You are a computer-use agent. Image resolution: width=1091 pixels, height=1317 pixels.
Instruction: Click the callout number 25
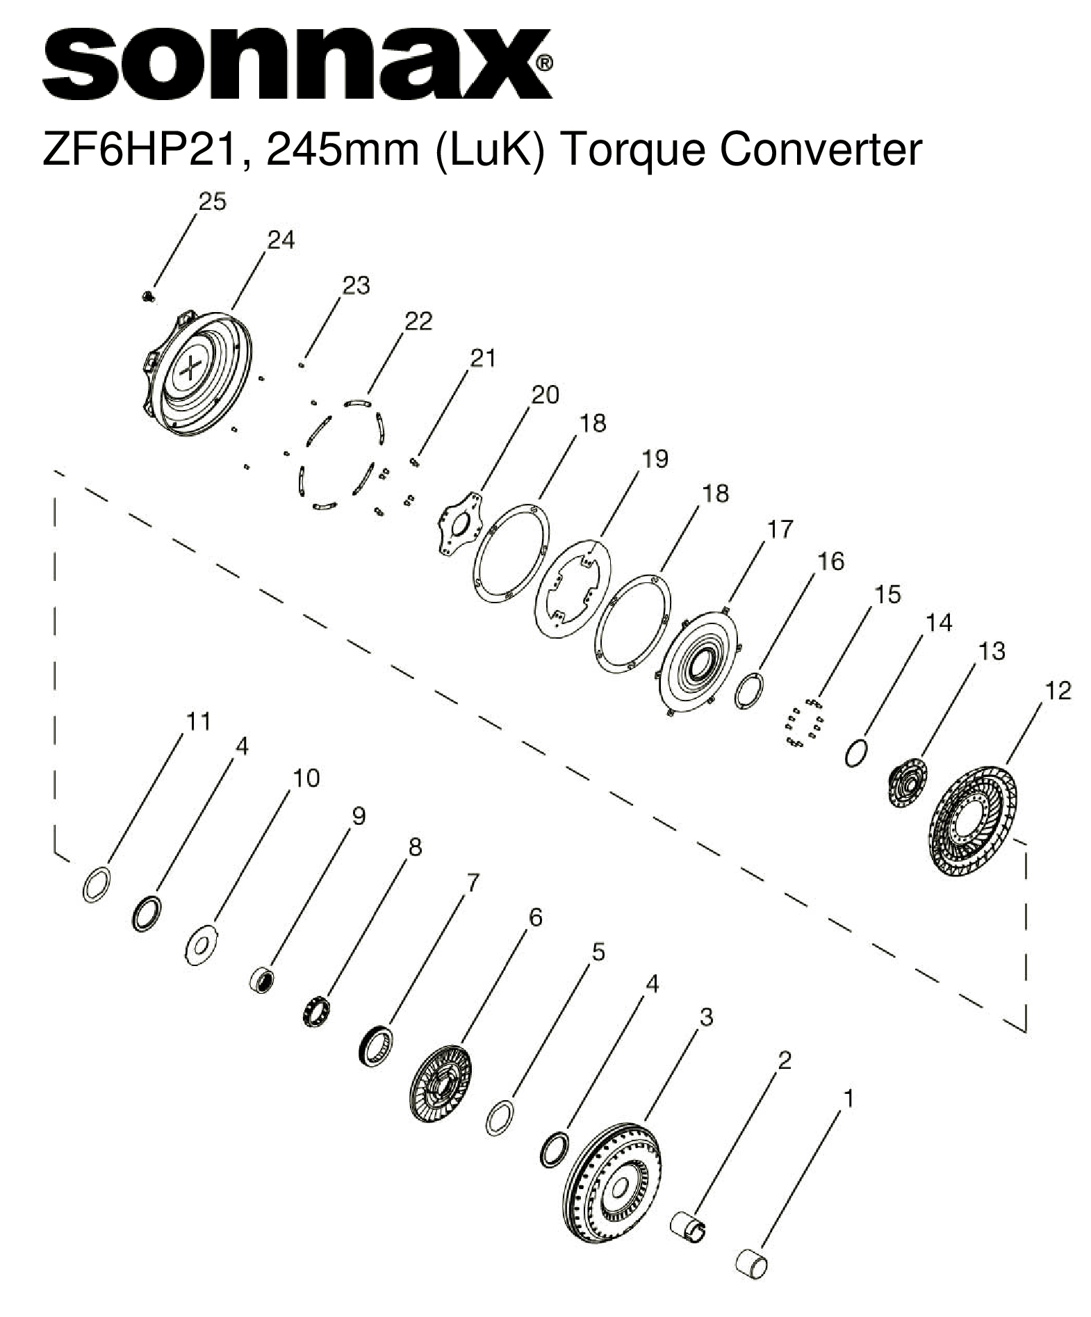point(212,202)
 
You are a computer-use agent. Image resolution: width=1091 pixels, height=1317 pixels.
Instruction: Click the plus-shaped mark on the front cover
point(192,366)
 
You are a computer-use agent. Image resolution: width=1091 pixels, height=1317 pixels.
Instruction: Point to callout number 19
point(654,459)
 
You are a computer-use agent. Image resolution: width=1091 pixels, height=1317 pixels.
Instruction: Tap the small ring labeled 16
point(751,690)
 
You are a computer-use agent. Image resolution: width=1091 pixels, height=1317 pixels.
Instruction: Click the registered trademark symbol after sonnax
point(545,65)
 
